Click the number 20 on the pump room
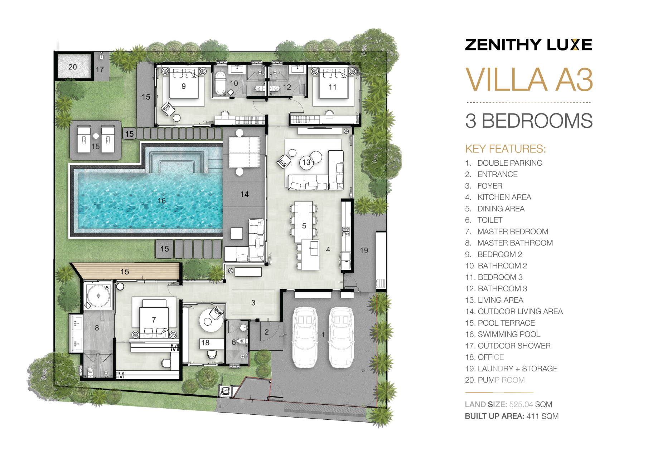[x=73, y=67]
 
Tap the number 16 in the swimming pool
[x=162, y=201]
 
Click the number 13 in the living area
[x=306, y=162]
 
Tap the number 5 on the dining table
[x=304, y=226]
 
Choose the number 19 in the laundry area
[x=364, y=250]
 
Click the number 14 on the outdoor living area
[x=245, y=194]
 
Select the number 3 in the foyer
[x=253, y=303]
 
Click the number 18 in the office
[x=205, y=343]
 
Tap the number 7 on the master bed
[x=154, y=320]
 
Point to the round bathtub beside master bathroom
[x=98, y=296]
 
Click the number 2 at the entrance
[x=267, y=332]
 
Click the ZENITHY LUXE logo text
[x=528, y=45]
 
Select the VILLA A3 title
[x=529, y=79]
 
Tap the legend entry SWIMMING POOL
[x=509, y=334]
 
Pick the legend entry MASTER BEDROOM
[x=513, y=232]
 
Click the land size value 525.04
[x=521, y=404]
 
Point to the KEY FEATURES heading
[x=506, y=149]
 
